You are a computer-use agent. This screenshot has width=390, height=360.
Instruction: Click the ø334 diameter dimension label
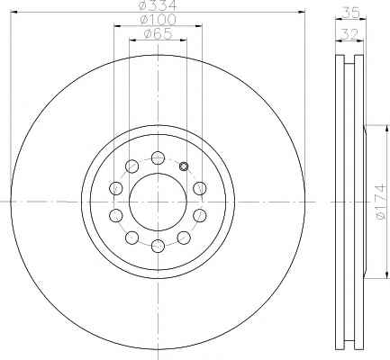tap(158, 4)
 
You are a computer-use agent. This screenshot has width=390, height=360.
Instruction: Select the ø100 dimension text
tap(158, 20)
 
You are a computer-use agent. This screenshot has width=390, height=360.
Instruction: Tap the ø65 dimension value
tap(158, 33)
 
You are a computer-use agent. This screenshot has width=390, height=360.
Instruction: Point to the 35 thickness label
tap(351, 13)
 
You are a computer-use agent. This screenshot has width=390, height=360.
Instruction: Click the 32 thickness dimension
tap(349, 34)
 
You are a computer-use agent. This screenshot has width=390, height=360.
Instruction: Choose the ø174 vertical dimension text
tap(379, 202)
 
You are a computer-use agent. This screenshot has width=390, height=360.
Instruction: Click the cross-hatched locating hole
tap(184, 166)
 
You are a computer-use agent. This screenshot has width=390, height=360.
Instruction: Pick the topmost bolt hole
tap(158, 157)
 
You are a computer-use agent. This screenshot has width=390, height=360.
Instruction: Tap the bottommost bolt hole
tap(158, 246)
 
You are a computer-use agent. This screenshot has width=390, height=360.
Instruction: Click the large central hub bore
tap(158, 202)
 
